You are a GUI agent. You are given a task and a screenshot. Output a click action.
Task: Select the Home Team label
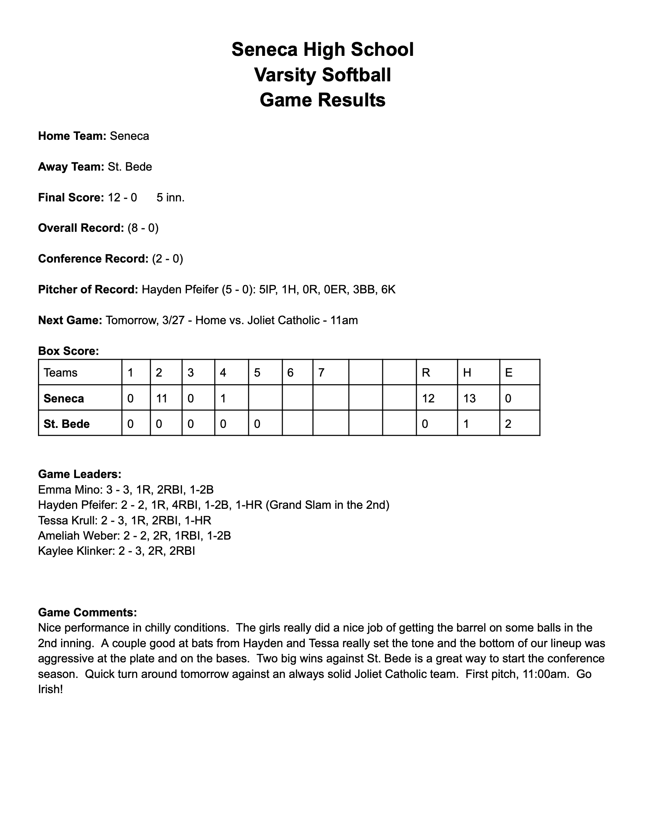[x=72, y=136]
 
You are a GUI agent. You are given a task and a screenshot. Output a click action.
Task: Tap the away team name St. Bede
[x=130, y=167]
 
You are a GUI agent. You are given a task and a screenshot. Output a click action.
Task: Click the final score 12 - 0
[x=122, y=198]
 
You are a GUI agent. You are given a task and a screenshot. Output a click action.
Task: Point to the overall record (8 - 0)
[x=143, y=228]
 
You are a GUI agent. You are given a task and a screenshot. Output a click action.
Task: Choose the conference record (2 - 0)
[x=167, y=259]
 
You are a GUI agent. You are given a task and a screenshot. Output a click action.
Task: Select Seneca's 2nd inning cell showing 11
[x=162, y=399]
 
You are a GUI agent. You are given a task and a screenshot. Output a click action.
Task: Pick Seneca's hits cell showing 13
[x=470, y=399]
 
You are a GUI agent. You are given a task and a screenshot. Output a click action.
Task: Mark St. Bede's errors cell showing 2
[x=508, y=424]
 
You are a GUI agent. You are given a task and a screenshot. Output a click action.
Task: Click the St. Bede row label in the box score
[x=66, y=424]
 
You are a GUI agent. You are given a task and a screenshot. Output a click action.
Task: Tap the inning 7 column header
[x=321, y=372]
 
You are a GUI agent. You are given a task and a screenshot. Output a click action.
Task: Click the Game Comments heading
[x=87, y=613]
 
